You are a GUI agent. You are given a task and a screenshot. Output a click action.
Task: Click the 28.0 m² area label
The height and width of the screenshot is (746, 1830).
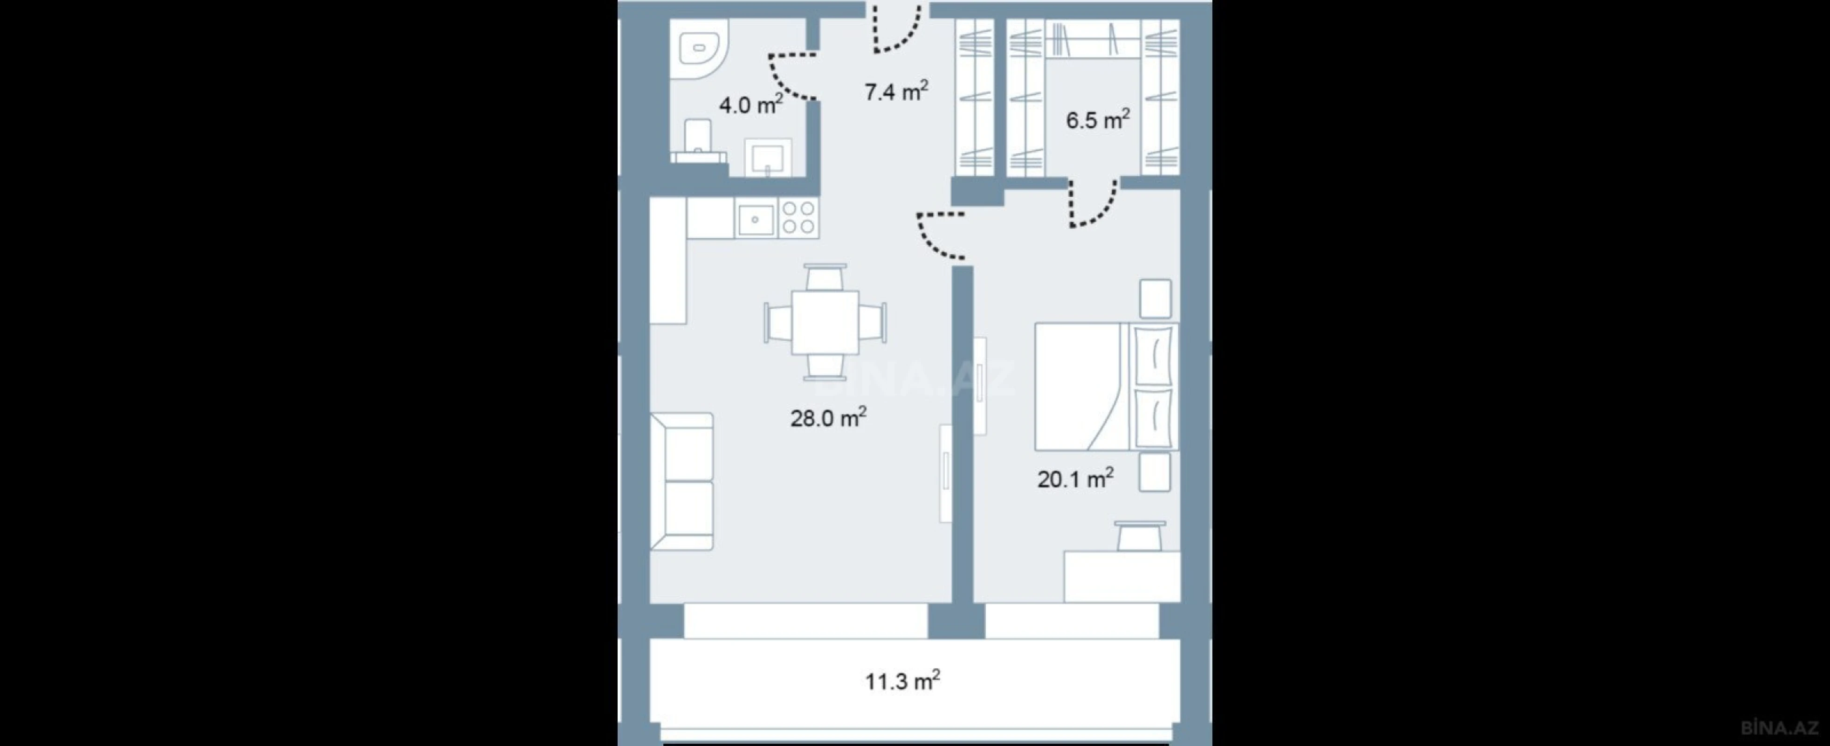pos(828,418)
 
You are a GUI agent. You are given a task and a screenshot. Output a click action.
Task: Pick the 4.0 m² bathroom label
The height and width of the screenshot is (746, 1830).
pos(751,105)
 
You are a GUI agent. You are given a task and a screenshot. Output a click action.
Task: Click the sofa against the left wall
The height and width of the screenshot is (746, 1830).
pos(681,481)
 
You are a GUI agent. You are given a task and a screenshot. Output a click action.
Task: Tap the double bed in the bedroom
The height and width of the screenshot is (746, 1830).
pos(1105,387)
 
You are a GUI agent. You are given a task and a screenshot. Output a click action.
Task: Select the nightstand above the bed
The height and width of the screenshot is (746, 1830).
pos(1155,298)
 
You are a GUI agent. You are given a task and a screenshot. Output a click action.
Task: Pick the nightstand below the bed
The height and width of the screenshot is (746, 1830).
pos(1155,472)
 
